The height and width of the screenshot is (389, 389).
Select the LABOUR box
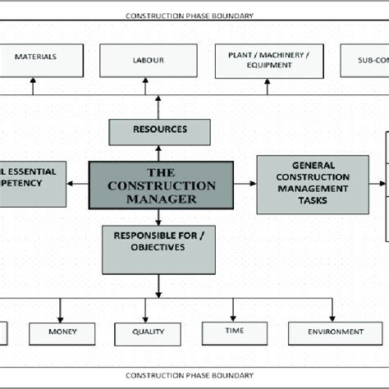(x=149, y=60)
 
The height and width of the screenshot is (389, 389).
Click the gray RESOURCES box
(x=159, y=130)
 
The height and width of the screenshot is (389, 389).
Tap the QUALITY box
(x=149, y=333)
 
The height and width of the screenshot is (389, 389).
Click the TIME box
(x=235, y=332)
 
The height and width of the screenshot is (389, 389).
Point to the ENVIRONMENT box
(x=336, y=332)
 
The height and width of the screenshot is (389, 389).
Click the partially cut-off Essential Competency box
(x=33, y=183)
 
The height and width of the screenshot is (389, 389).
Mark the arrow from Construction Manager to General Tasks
(x=245, y=183)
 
